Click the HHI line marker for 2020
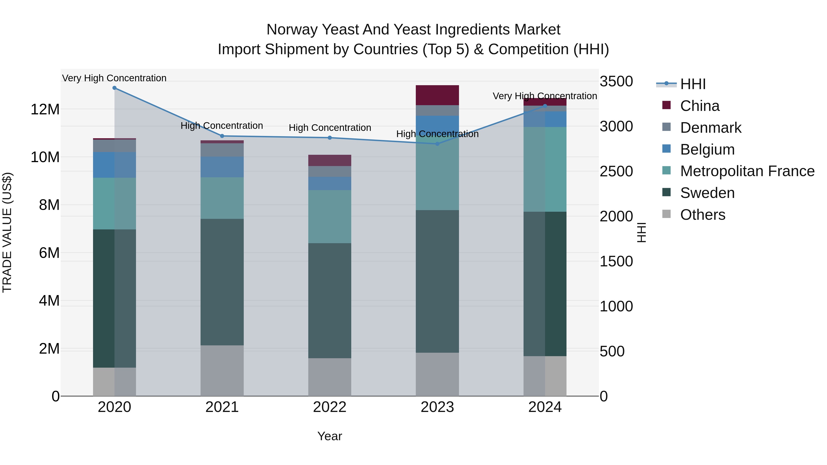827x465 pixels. click(x=114, y=88)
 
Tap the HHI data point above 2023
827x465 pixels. click(x=437, y=144)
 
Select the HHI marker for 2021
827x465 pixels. click(x=222, y=136)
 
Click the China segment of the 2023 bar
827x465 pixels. click(x=437, y=95)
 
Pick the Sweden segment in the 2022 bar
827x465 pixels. click(x=330, y=300)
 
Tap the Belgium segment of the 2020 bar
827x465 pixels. click(x=114, y=165)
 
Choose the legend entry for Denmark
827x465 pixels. click(x=711, y=128)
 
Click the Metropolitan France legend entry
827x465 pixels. click(x=747, y=171)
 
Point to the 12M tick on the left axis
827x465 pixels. click(x=45, y=110)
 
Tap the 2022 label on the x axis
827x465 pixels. click(x=330, y=407)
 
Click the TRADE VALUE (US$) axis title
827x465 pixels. click(x=7, y=232)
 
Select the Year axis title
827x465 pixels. click(x=330, y=436)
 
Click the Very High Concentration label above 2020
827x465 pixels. click(x=114, y=78)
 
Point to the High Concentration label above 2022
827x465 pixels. click(x=330, y=128)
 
